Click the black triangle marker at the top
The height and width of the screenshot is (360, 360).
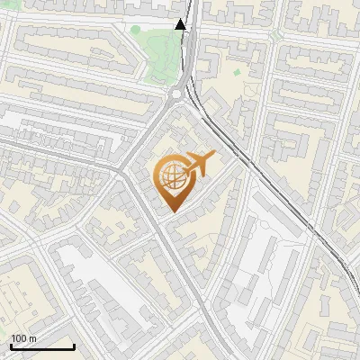[181, 24]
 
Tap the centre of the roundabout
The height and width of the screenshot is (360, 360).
[177, 92]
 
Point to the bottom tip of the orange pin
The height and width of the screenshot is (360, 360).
[171, 212]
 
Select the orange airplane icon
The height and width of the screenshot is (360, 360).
[199, 164]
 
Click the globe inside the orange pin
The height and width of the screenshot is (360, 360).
[170, 177]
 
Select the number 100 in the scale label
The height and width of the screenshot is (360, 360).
[17, 338]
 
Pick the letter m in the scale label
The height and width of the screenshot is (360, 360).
[32, 338]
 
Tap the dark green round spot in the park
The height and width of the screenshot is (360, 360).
[135, 29]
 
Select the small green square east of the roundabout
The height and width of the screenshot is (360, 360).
[237, 72]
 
